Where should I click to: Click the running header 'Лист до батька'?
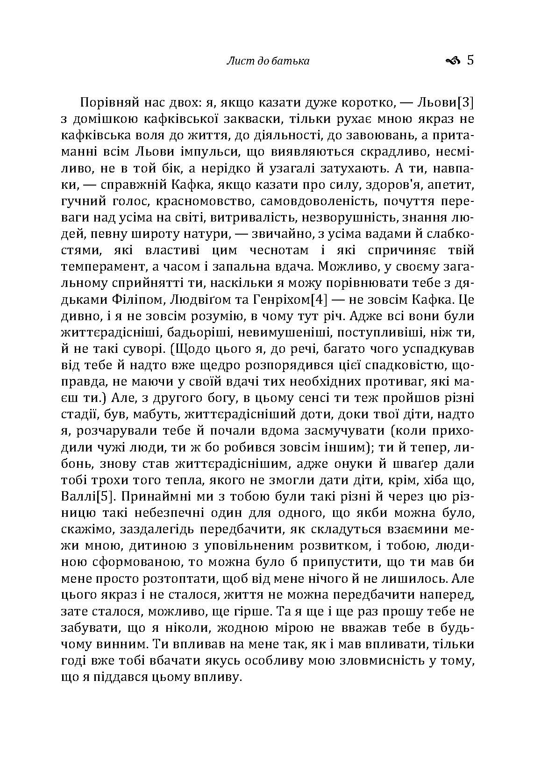[268, 61]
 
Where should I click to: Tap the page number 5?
[470, 60]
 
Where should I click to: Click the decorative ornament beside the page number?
[453, 61]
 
